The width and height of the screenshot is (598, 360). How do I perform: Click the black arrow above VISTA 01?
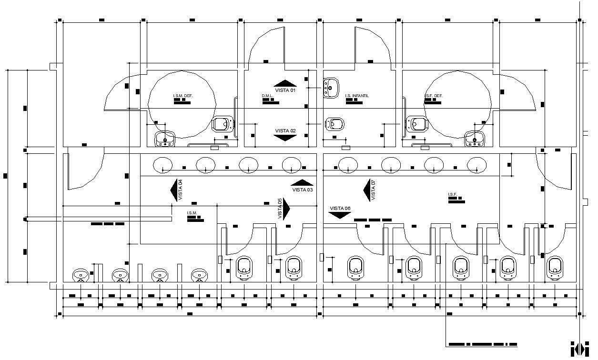[285, 83]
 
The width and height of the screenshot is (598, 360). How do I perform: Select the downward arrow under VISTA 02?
[285, 138]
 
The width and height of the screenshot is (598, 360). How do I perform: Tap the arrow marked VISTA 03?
[302, 182]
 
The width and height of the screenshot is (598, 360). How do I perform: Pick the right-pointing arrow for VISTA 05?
[287, 210]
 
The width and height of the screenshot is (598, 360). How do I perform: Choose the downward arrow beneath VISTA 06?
[340, 215]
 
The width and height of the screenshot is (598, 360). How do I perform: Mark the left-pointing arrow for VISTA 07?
[367, 190]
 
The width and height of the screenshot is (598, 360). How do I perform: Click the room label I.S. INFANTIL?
[357, 96]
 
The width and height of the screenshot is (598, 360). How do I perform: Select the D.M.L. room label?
[267, 96]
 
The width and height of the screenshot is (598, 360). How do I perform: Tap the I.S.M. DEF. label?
[182, 96]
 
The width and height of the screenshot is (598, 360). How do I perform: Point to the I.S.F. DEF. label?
[434, 96]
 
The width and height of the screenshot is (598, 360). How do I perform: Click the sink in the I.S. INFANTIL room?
[331, 88]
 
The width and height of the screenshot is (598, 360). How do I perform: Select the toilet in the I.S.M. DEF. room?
[223, 125]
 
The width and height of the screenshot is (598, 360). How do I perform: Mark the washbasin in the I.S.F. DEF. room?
[475, 139]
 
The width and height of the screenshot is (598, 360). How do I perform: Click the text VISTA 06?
[340, 209]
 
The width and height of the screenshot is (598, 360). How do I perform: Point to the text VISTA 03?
[303, 190]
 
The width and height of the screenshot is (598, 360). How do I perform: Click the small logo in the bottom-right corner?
[580, 348]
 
